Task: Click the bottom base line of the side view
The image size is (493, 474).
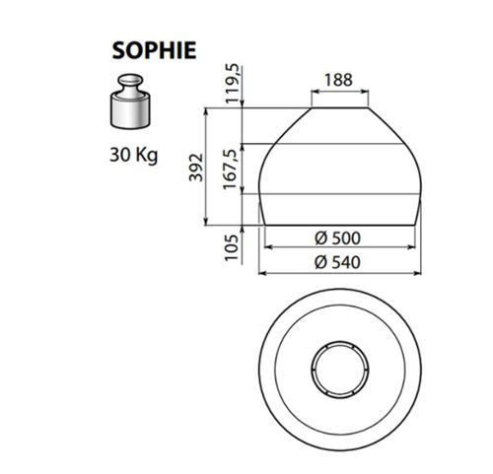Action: [x=343, y=222]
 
